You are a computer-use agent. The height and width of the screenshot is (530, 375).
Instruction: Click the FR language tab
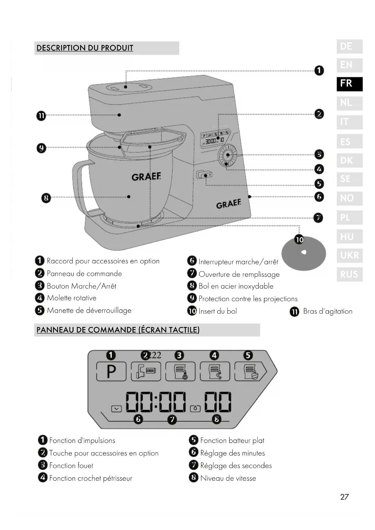349,84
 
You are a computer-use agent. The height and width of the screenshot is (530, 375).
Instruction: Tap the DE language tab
349,47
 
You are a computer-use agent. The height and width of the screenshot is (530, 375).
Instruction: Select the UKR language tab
349,255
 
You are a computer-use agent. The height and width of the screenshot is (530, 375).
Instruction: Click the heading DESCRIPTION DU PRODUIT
85,48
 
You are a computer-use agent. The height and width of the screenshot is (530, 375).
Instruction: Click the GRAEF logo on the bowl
146,176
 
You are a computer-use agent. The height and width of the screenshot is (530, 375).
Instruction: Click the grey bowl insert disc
304,254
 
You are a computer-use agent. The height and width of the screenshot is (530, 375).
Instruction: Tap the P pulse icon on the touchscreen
111,371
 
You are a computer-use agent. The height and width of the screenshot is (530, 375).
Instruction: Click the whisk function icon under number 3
180,371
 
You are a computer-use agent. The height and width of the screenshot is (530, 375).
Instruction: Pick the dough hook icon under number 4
215,371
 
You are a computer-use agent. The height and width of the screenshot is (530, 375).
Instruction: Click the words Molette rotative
72,298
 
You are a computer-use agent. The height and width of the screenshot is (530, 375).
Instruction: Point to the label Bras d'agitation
328,312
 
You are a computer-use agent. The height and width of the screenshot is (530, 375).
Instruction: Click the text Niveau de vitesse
228,478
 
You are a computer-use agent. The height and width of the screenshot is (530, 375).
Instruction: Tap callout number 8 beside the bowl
46,198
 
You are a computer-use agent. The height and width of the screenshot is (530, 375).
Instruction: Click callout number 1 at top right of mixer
319,71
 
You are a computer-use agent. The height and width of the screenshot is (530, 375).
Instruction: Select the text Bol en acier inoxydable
236,286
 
